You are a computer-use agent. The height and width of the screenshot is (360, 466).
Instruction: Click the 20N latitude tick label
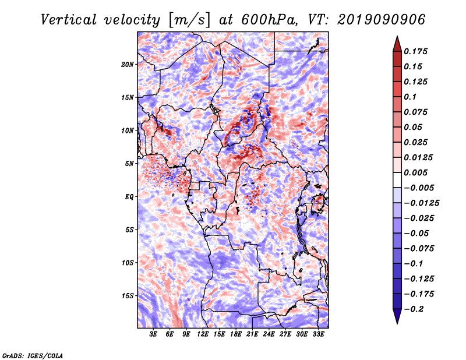[x=127, y=65]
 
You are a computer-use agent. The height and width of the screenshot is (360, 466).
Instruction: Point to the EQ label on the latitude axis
[x=129, y=197]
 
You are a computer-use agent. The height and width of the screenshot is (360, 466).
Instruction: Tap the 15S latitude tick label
[x=128, y=296]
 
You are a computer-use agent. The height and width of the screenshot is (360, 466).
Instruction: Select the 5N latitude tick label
[x=129, y=164]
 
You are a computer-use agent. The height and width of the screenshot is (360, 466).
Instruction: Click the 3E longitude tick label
[x=153, y=334]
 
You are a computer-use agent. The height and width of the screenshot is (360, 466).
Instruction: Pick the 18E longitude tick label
[x=235, y=334]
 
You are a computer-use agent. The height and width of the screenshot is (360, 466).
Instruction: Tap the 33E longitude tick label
[x=318, y=334]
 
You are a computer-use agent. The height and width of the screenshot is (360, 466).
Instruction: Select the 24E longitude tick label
[x=269, y=334]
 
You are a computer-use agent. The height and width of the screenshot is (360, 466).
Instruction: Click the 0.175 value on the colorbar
[x=415, y=51]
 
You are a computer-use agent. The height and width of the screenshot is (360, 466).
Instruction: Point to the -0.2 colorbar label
[x=414, y=309]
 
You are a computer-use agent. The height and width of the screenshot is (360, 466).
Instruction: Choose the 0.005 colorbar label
[x=415, y=172]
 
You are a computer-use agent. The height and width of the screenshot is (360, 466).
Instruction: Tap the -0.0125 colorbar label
[x=421, y=203]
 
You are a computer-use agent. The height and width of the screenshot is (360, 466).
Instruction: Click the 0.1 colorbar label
[x=410, y=97]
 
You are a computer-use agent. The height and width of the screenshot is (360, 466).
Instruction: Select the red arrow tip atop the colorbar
[x=397, y=37]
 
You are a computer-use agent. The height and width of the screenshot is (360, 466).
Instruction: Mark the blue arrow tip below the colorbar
[x=397, y=323]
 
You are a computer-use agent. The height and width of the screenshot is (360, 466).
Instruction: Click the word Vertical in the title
[x=69, y=20]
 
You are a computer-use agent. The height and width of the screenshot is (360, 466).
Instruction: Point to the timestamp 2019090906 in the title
[x=382, y=20]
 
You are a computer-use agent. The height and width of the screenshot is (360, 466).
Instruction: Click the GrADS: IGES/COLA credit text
[x=33, y=355]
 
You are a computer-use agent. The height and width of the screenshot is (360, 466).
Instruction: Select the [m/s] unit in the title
[x=189, y=20]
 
